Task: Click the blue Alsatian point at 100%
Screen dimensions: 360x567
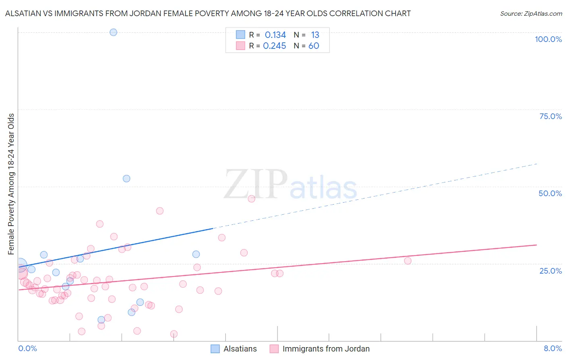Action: [113, 32]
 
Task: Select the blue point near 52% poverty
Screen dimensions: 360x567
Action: [126, 178]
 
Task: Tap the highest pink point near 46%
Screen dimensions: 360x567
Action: [251, 199]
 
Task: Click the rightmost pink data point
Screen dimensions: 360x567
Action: [408, 261]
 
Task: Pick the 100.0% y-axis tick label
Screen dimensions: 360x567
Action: [548, 39]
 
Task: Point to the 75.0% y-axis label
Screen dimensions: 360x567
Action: [550, 116]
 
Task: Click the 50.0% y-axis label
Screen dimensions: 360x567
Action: [550, 193]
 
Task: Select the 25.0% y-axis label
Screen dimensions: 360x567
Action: [550, 271]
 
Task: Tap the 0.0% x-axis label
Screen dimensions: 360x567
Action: [27, 348]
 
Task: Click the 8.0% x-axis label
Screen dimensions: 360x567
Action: [552, 348]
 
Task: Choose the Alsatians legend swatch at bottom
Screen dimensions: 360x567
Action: [215, 349]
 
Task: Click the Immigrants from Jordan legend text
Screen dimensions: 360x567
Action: [326, 349]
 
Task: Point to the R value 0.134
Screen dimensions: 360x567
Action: [275, 35]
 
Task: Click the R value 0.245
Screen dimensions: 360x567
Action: [274, 46]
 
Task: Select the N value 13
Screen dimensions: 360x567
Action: [315, 35]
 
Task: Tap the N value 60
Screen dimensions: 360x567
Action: [314, 46]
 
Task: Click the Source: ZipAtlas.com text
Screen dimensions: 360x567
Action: [531, 13]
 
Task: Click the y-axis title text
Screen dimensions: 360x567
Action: [11, 184]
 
